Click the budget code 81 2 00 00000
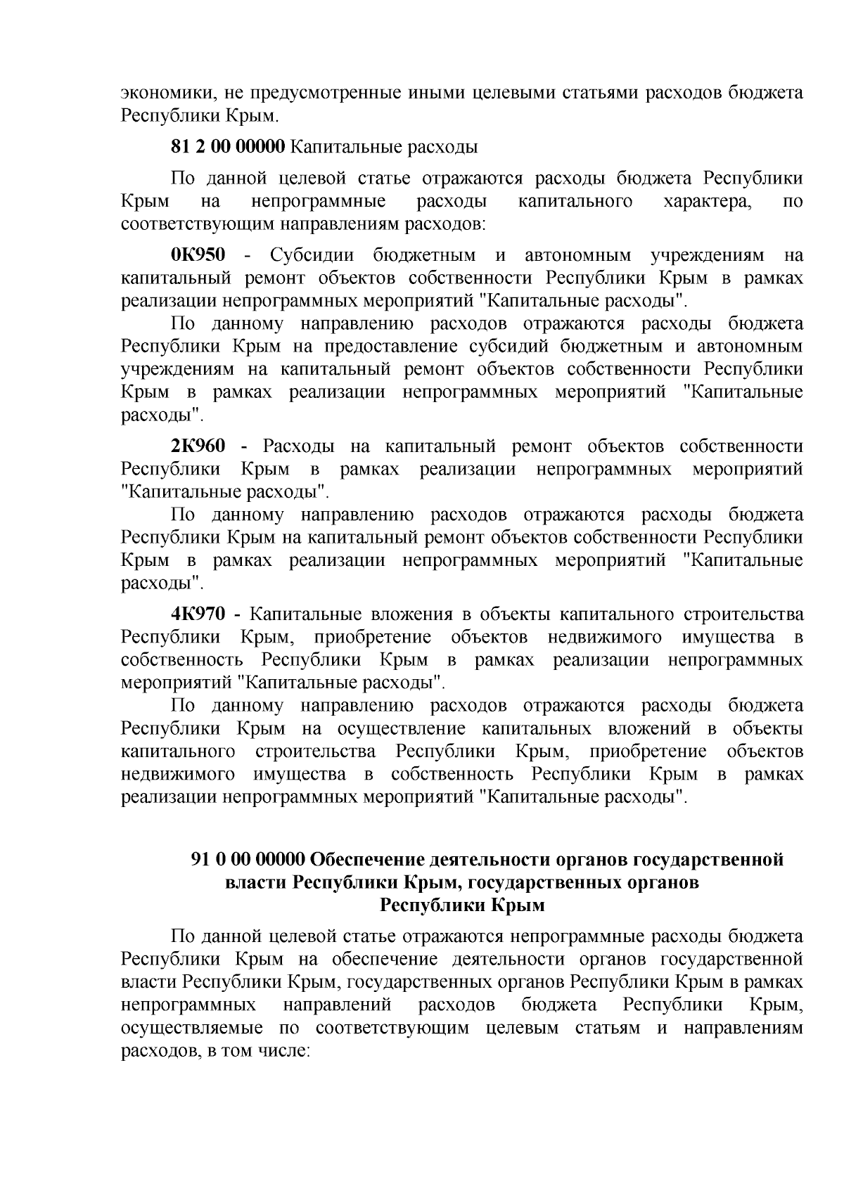(x=228, y=148)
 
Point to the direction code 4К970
(x=198, y=614)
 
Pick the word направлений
(x=337, y=1005)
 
